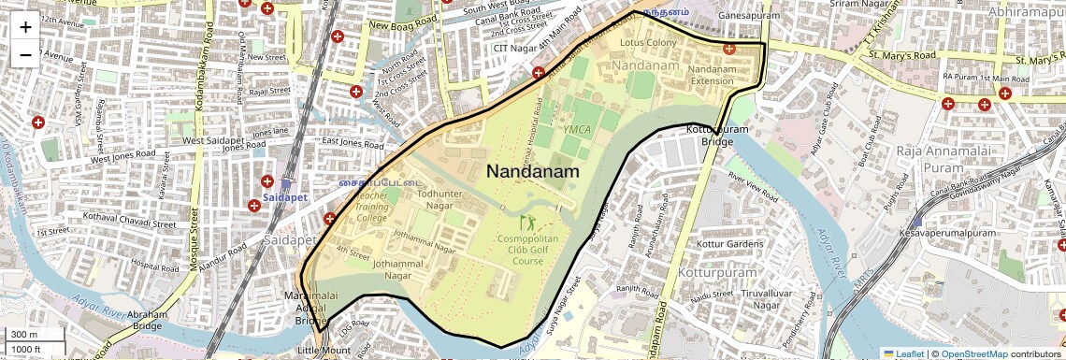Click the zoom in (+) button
[25, 27]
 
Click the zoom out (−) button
[25, 54]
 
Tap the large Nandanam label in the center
[532, 172]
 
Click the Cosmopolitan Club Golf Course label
[527, 250]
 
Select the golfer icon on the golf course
[527, 223]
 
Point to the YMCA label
[577, 129]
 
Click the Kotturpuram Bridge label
[717, 136]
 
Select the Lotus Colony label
[647, 43]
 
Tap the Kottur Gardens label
[730, 245]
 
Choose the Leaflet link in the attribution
[902, 353]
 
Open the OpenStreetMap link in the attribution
[974, 353]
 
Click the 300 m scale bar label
[24, 335]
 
